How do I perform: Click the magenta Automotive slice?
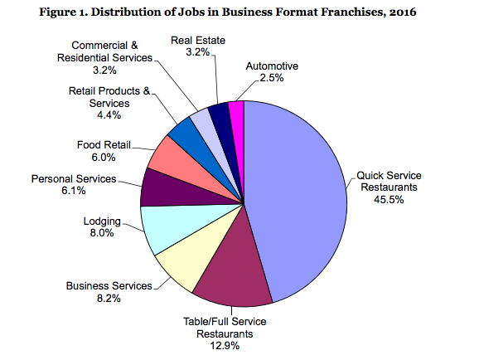click(x=237, y=122)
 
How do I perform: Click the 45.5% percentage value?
click(x=389, y=200)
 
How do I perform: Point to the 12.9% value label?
click(x=225, y=346)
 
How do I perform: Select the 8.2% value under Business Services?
click(x=109, y=298)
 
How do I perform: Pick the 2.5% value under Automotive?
click(x=272, y=78)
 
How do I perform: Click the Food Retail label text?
click(x=104, y=144)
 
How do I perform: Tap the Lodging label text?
click(x=102, y=221)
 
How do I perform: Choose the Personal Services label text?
click(x=74, y=178)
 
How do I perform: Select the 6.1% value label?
click(x=73, y=191)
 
